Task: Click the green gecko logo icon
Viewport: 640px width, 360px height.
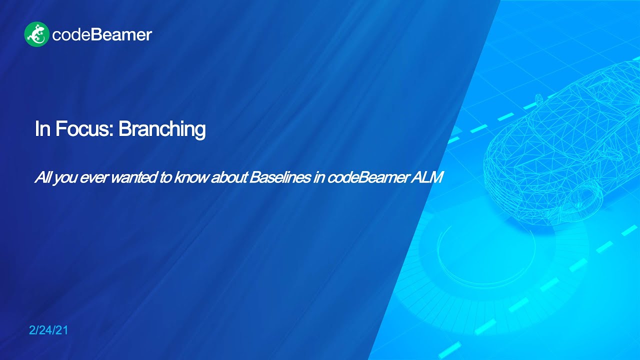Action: click(36, 34)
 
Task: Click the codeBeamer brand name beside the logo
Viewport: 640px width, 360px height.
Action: click(101, 35)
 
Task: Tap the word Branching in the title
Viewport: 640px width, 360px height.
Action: click(162, 129)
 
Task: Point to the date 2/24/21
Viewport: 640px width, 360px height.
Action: click(48, 330)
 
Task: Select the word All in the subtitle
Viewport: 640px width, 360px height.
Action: click(41, 178)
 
